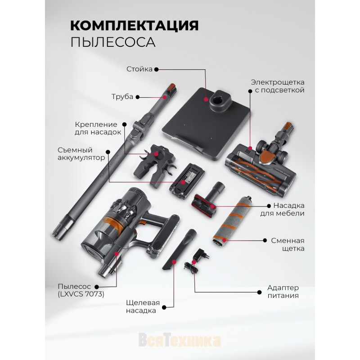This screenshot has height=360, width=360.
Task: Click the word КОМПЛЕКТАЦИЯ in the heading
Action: [x=134, y=25]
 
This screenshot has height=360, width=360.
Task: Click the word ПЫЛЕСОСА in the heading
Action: [x=113, y=42]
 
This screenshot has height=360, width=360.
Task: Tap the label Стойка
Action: [x=139, y=69]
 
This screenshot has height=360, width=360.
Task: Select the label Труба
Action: [x=122, y=97]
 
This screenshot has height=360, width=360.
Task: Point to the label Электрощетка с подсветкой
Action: [x=278, y=86]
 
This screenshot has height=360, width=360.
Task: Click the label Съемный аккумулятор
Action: [x=81, y=154]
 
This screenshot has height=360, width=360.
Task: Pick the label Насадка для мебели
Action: [x=282, y=209]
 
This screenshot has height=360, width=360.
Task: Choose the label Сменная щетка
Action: [x=288, y=244]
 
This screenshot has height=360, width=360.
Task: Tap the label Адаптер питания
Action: [x=283, y=291]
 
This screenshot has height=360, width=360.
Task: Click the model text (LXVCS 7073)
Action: [x=81, y=294]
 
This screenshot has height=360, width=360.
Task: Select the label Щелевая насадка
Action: [x=143, y=306]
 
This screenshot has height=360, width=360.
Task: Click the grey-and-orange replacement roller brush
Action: [x=232, y=220]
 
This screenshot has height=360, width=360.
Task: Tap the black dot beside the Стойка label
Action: [x=156, y=69]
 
